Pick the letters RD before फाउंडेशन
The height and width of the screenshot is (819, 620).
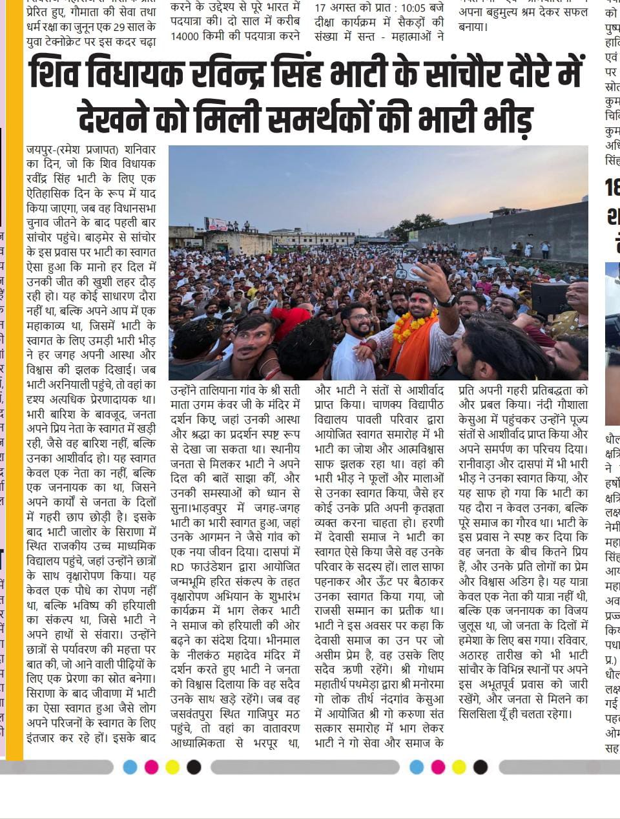click(x=178, y=568)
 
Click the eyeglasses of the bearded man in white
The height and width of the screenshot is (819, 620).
click(x=359, y=318)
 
